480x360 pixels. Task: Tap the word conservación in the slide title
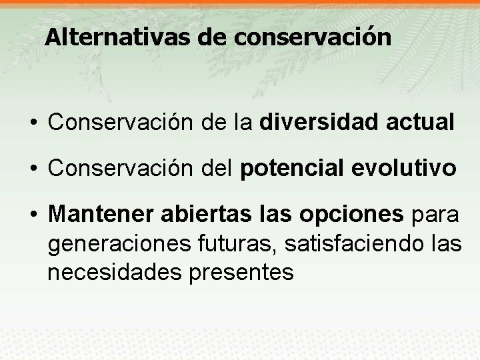coord(313,37)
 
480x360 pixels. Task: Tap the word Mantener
coord(101,215)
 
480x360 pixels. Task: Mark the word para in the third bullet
coord(435,215)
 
